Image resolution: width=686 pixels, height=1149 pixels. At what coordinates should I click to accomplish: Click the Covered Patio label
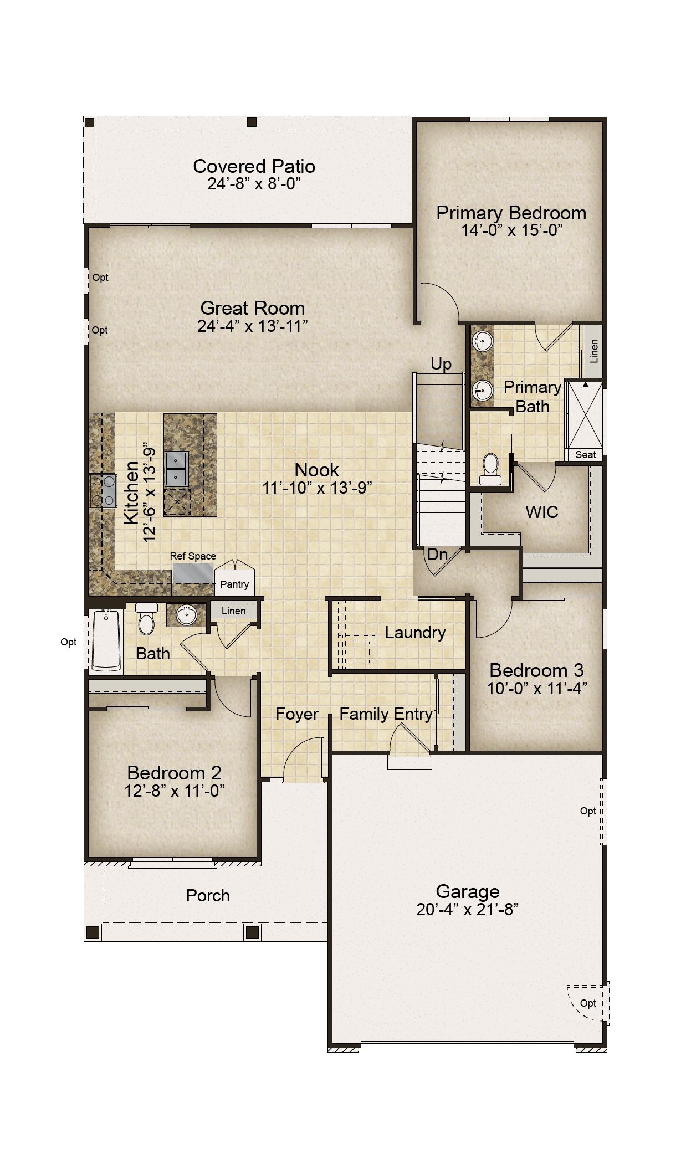tap(254, 166)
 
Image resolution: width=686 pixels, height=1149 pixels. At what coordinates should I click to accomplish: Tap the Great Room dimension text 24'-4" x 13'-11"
tap(253, 326)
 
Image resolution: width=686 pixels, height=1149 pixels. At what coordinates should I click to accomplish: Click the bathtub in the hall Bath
tap(106, 640)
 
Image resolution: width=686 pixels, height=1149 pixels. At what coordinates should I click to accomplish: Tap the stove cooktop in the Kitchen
tap(103, 491)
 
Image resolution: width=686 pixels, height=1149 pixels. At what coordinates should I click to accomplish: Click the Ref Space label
tap(193, 556)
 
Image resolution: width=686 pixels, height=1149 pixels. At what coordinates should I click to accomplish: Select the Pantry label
tap(234, 584)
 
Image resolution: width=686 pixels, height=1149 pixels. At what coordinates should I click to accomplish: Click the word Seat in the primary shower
tap(586, 455)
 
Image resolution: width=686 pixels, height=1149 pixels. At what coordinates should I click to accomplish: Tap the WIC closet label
tap(542, 512)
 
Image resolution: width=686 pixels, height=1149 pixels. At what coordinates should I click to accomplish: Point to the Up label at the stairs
tap(441, 364)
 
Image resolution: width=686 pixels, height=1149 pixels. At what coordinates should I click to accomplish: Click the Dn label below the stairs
tap(437, 554)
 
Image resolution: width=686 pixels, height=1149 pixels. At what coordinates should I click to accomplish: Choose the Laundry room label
tap(415, 633)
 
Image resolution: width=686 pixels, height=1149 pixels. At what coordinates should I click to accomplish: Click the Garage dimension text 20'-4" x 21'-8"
tap(468, 909)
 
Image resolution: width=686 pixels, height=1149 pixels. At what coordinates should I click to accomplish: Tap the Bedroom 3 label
tap(536, 670)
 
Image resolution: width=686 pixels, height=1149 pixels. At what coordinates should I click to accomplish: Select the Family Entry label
tap(386, 714)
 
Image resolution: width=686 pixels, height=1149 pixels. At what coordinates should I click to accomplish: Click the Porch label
tap(208, 895)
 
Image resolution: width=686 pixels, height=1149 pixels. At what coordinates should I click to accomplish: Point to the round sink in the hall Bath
tap(186, 615)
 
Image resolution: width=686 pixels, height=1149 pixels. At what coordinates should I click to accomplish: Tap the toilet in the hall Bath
tap(146, 619)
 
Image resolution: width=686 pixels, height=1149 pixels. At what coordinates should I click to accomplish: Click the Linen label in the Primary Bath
tap(595, 351)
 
